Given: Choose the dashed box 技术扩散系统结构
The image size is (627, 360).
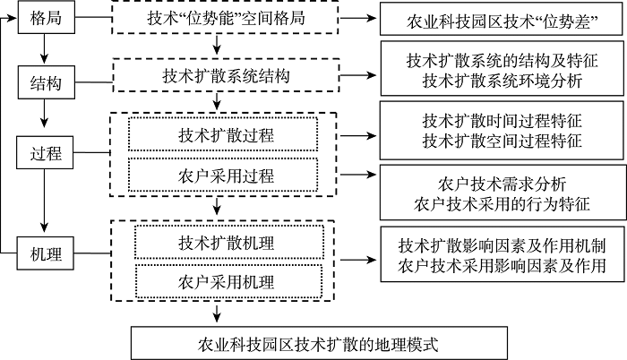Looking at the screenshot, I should click(226, 77).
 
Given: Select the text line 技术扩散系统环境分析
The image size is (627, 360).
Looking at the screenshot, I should click(502, 82).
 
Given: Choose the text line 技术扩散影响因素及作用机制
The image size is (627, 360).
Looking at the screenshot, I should click(502, 244).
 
